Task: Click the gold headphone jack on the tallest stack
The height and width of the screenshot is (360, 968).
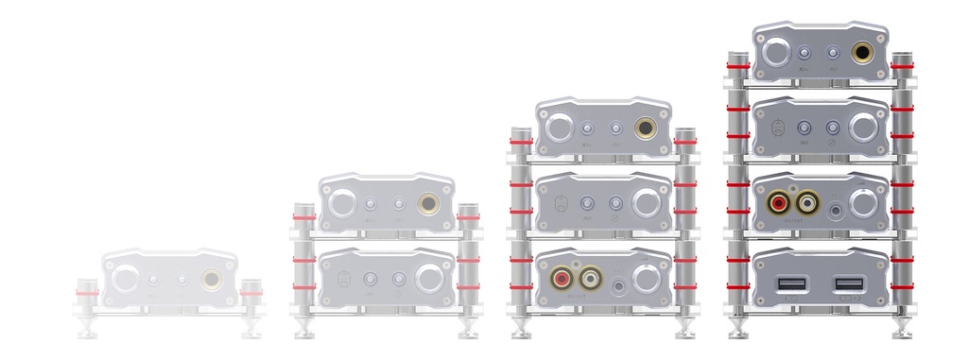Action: (863, 52)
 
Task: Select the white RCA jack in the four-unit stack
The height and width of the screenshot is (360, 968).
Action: (808, 202)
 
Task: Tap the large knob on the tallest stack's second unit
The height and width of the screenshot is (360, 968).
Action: (863, 128)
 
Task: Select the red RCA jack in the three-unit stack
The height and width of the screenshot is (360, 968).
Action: (562, 279)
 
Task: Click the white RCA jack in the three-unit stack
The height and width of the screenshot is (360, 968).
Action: (592, 279)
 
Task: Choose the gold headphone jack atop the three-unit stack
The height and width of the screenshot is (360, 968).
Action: (647, 128)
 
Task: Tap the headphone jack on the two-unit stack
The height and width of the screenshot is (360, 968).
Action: (430, 202)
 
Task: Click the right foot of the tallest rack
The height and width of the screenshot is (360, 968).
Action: (902, 330)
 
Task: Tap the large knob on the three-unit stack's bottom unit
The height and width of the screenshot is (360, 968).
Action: (647, 279)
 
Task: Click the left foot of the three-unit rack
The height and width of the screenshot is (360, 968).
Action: (521, 330)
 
